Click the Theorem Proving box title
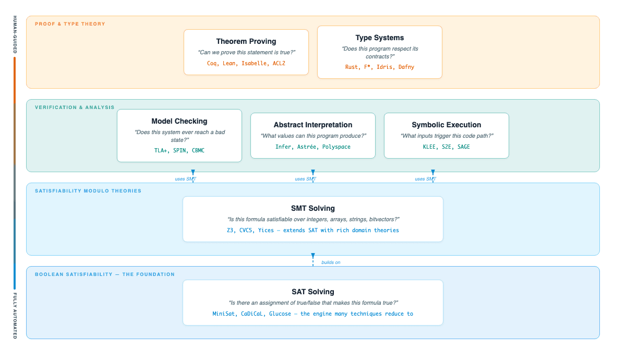coord(246,41)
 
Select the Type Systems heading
coord(380,38)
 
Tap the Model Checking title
coord(179,121)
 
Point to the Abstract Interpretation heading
coord(313,125)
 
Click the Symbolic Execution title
coord(447,125)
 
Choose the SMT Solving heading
coord(313,208)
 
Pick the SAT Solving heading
coord(313,292)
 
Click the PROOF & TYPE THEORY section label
coord(70,24)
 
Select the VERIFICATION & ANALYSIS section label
coord(75,107)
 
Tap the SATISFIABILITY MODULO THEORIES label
coord(88,191)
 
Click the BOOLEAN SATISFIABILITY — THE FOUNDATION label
coord(105,274)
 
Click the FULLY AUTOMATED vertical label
coord(15,316)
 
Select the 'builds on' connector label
coord(331,262)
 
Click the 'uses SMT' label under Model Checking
coord(185,179)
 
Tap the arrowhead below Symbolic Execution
coord(433,172)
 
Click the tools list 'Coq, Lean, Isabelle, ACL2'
coord(246,63)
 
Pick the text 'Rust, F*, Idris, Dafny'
coord(380,67)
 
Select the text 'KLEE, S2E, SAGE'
coord(447,147)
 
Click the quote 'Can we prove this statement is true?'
coord(246,53)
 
